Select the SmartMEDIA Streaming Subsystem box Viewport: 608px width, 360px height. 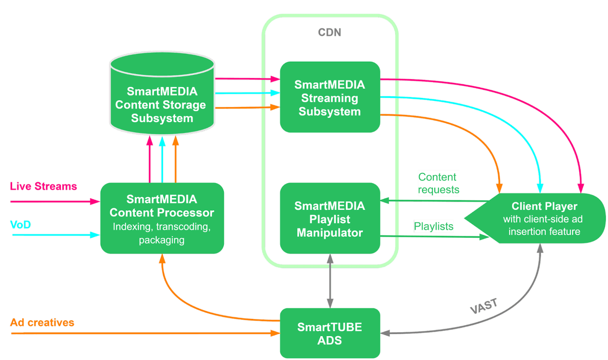(x=330, y=97)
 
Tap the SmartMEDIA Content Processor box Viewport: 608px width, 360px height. (x=162, y=218)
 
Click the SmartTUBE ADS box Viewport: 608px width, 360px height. (x=330, y=333)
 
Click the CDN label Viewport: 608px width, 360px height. (x=329, y=32)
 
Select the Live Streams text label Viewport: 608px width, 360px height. (x=44, y=187)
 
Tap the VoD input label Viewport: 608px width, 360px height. (x=21, y=225)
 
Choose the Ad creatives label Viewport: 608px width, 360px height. (x=43, y=322)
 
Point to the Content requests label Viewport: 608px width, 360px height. (x=439, y=183)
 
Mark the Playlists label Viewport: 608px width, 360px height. (x=434, y=226)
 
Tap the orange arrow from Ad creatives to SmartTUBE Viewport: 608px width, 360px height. (x=142, y=333)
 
